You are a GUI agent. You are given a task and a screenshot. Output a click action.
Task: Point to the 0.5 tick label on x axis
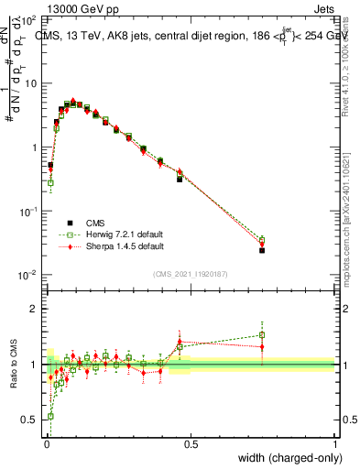[191, 444]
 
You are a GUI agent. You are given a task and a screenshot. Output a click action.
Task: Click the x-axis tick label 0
[47, 444]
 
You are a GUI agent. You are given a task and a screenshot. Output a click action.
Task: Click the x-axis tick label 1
[334, 444]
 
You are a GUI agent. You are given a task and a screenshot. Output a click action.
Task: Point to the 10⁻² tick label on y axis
[29, 275]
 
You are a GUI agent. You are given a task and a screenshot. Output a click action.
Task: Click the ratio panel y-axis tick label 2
[37, 310]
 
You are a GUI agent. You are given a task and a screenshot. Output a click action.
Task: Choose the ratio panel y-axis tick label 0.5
[32, 420]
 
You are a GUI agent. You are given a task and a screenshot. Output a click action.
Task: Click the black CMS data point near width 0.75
[262, 250]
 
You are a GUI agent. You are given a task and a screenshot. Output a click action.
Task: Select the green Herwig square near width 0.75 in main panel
[262, 240]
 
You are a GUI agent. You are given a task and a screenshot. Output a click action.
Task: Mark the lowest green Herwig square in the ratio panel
[50, 416]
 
